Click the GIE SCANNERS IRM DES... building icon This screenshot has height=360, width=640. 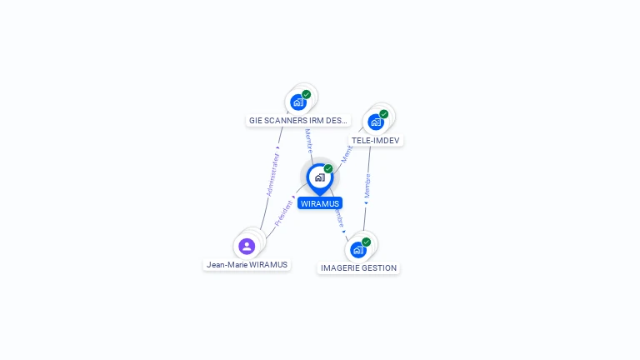tap(298, 102)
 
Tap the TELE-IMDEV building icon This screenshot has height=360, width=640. tap(376, 122)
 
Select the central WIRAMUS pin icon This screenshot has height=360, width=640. tap(319, 177)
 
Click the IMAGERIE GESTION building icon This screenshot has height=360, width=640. tap(358, 249)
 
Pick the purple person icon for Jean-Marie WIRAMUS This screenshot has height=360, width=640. tap(247, 246)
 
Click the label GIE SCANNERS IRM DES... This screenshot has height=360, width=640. tap(298, 121)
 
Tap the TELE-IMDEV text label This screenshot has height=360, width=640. tap(376, 140)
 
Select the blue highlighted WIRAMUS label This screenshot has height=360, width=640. tap(320, 203)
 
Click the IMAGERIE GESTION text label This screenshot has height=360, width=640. tap(359, 268)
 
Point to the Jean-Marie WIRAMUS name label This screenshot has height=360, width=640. tap(247, 265)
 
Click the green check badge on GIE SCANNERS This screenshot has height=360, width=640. tap(307, 94)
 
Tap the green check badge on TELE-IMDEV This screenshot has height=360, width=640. tap(384, 113)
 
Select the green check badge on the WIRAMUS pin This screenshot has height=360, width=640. tap(328, 168)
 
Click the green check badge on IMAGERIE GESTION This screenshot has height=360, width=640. tap(367, 242)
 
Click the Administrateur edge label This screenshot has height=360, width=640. tap(272, 174)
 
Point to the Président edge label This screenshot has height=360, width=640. tap(283, 212)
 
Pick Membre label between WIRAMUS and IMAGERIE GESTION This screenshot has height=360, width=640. tap(339, 218)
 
